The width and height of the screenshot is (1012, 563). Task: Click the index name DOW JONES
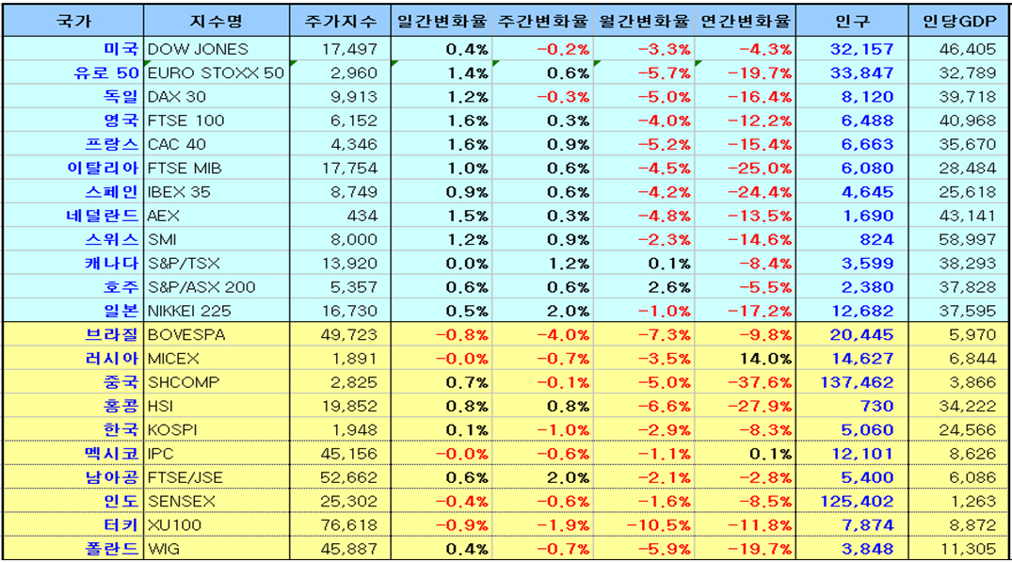point(199,49)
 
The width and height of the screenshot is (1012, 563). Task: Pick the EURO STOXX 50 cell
point(216,72)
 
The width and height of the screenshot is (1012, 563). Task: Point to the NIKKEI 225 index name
point(190,311)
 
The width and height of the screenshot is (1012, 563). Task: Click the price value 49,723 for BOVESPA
point(349,334)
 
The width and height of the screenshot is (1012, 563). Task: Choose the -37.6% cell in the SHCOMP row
point(763,382)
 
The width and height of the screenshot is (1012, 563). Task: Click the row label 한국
point(122,429)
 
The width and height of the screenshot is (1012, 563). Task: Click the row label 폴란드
point(115,549)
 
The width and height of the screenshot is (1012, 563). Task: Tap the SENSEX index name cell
point(182,501)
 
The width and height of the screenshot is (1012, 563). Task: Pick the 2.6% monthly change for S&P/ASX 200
point(669,287)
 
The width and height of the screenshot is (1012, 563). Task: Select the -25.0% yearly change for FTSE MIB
point(763,168)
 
